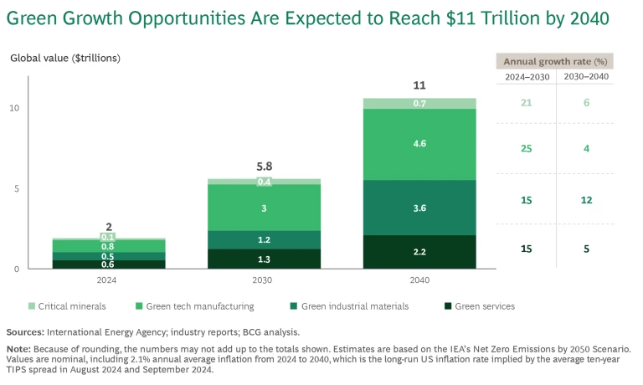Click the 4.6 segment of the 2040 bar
pyautogui.click(x=419, y=144)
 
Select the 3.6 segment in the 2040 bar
pyautogui.click(x=419, y=208)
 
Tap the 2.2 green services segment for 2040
pyautogui.click(x=419, y=252)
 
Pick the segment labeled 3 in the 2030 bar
pyautogui.click(x=264, y=208)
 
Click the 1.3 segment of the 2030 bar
pyautogui.click(x=264, y=259)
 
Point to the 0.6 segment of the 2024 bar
pyautogui.click(x=109, y=264)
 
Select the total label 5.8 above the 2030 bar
pyautogui.click(x=264, y=167)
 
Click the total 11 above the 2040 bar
pyautogui.click(x=419, y=85)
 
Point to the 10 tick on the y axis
pyautogui.click(x=15, y=108)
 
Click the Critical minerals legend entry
pyautogui.click(x=64, y=306)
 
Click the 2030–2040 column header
pyautogui.click(x=585, y=77)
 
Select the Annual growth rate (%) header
pyautogui.click(x=554, y=61)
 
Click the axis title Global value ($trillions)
pyautogui.click(x=65, y=58)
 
